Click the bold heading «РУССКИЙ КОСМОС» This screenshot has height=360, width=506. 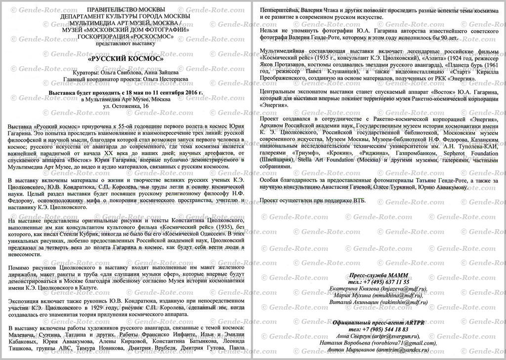point(126,58)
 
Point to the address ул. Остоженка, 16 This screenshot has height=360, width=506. point(126,106)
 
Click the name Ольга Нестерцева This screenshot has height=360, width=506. point(166,79)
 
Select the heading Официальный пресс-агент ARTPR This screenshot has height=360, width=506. point(379,322)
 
